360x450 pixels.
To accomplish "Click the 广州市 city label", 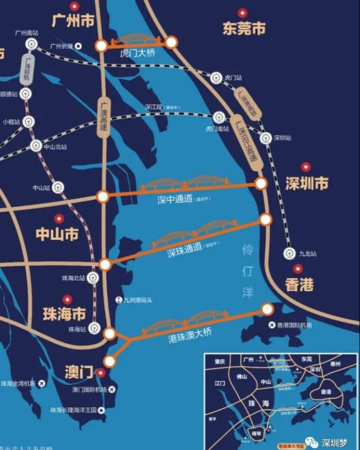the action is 73,21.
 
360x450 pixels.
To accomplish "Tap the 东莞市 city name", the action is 244,28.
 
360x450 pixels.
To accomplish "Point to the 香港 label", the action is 299,285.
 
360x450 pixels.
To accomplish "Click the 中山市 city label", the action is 57,234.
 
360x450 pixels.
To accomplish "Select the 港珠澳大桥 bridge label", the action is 190,333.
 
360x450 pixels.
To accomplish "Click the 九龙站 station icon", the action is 289,253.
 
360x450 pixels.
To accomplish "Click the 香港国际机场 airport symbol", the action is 272,325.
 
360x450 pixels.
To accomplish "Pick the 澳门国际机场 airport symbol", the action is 112,389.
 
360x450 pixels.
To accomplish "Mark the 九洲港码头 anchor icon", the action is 118,299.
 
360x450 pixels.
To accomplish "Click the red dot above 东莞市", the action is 242,12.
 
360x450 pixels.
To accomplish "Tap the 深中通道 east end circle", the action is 261,183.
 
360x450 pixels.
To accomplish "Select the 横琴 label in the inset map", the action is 256,433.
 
